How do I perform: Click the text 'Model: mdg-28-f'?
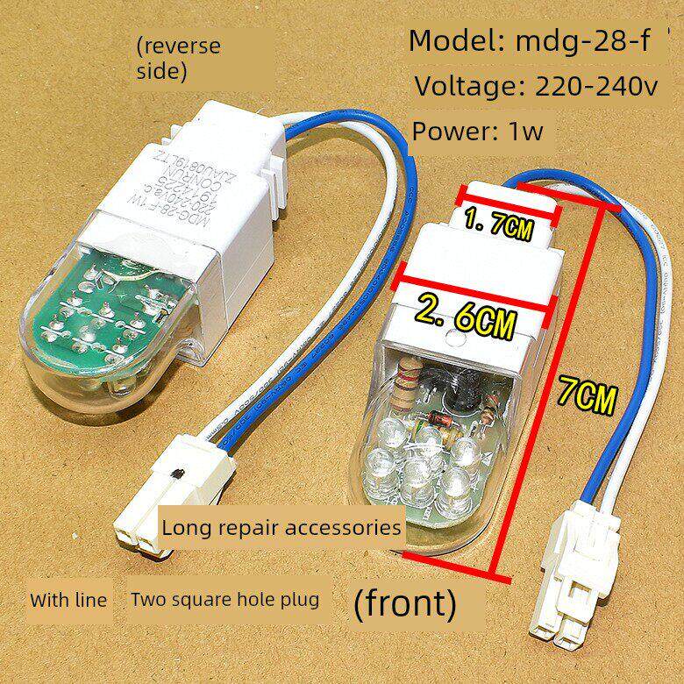point(529,41)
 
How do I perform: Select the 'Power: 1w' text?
point(478,132)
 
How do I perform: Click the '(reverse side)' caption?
point(178,58)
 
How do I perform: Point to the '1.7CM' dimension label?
point(497,230)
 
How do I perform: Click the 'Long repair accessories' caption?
point(281,528)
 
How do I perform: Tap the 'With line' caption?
point(68,601)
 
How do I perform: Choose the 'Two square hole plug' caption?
point(224,601)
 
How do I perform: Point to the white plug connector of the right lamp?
point(565,605)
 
